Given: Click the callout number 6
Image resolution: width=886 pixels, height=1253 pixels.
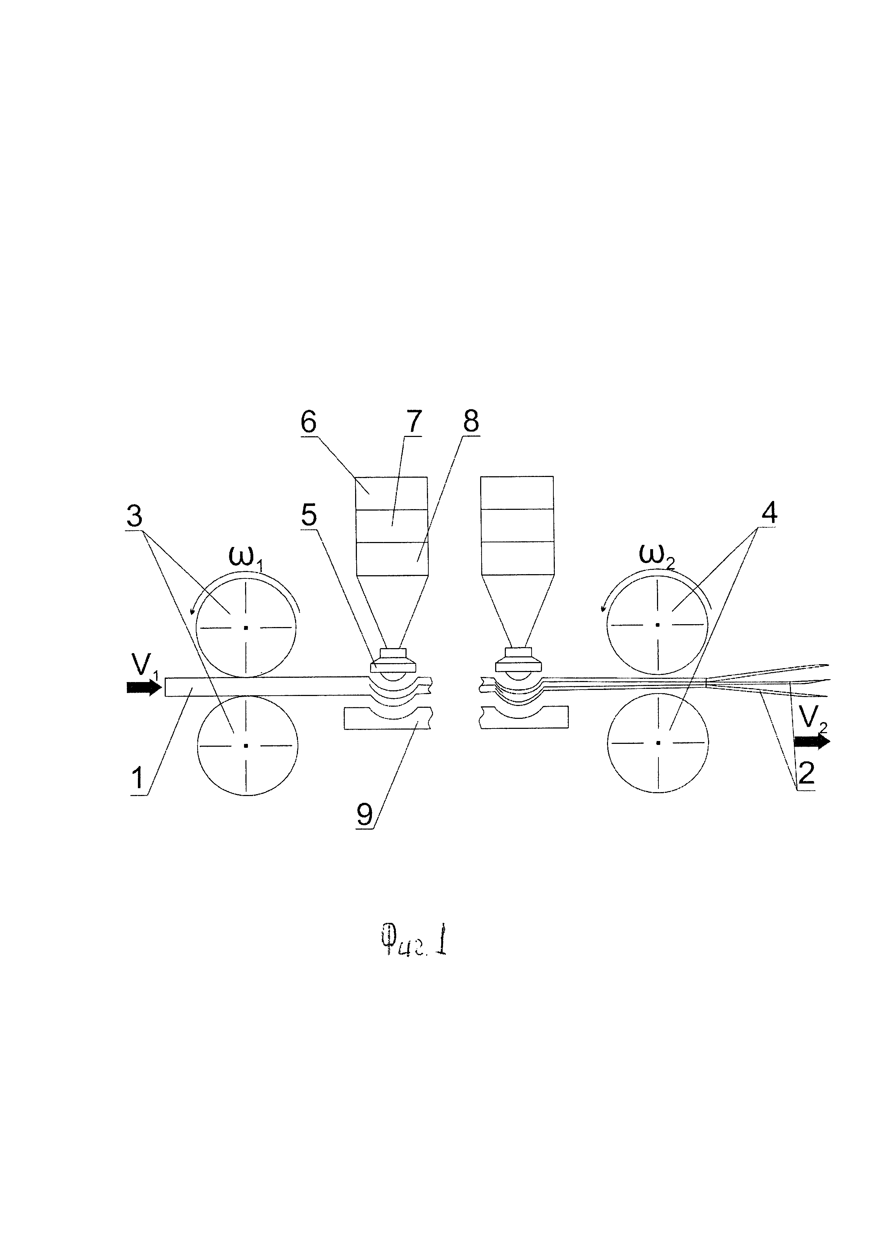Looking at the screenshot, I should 309,422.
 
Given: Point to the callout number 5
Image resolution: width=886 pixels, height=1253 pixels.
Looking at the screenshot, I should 309,514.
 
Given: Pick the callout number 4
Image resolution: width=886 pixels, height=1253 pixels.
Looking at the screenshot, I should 769,513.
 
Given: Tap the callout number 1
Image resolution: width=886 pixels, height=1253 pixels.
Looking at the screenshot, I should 139,778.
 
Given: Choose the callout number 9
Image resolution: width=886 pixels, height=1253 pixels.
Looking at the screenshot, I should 364,830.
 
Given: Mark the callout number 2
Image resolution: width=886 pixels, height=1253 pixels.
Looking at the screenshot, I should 806,772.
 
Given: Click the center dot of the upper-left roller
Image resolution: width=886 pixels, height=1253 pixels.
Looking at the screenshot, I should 246,628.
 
